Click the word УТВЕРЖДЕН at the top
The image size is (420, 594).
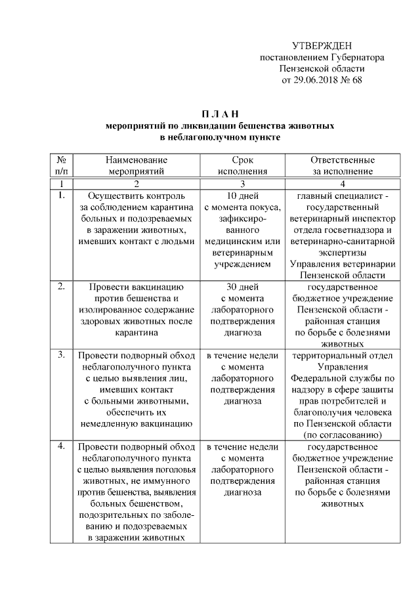(322, 45)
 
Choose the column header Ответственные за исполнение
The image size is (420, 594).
(343, 165)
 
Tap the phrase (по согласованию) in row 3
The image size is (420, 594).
(343, 435)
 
